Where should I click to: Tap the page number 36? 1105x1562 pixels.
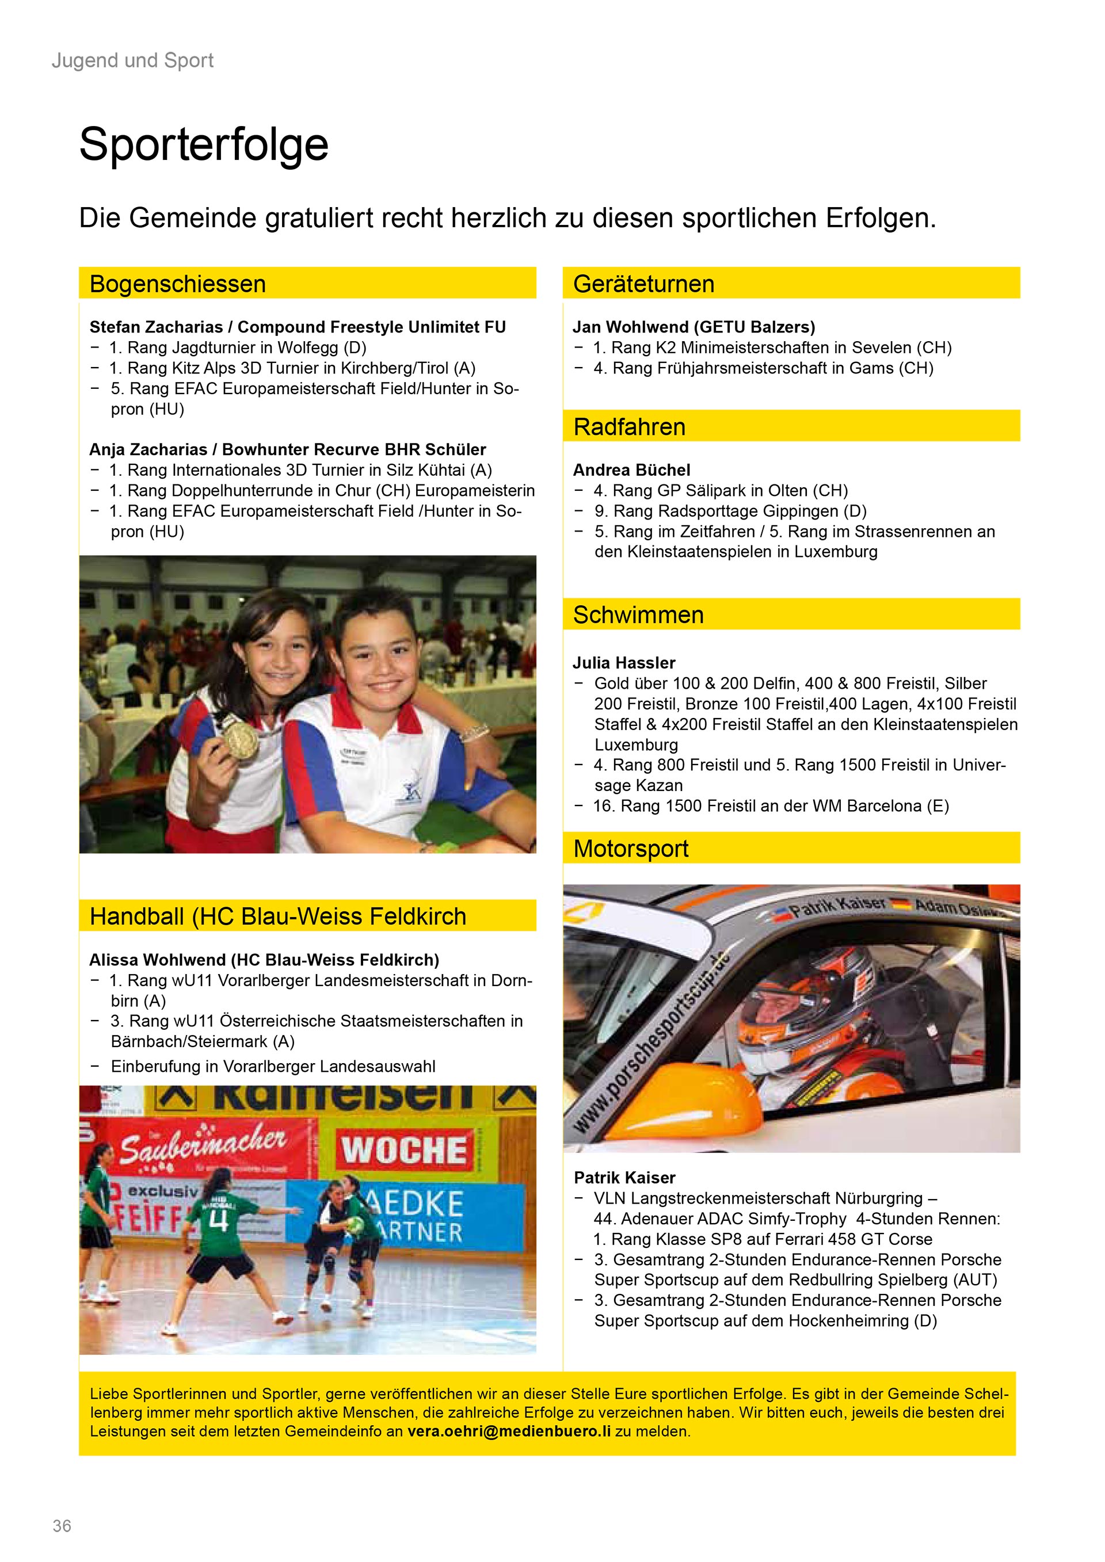click(x=62, y=1526)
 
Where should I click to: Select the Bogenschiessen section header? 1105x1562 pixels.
click(x=178, y=284)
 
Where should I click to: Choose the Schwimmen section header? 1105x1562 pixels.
click(x=638, y=614)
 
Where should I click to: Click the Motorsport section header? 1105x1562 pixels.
click(x=630, y=849)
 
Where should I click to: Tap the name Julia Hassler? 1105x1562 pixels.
click(x=623, y=663)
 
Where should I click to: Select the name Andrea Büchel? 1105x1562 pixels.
click(x=631, y=470)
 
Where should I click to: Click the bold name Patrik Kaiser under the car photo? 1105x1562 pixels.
click(x=624, y=1178)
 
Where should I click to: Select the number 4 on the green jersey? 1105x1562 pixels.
click(x=217, y=1222)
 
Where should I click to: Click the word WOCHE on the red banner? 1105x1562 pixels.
click(x=404, y=1151)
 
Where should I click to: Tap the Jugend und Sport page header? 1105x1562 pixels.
click(x=133, y=60)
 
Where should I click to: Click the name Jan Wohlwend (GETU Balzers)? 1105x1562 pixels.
click(x=694, y=327)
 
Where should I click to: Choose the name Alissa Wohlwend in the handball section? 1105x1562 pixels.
click(x=158, y=960)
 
